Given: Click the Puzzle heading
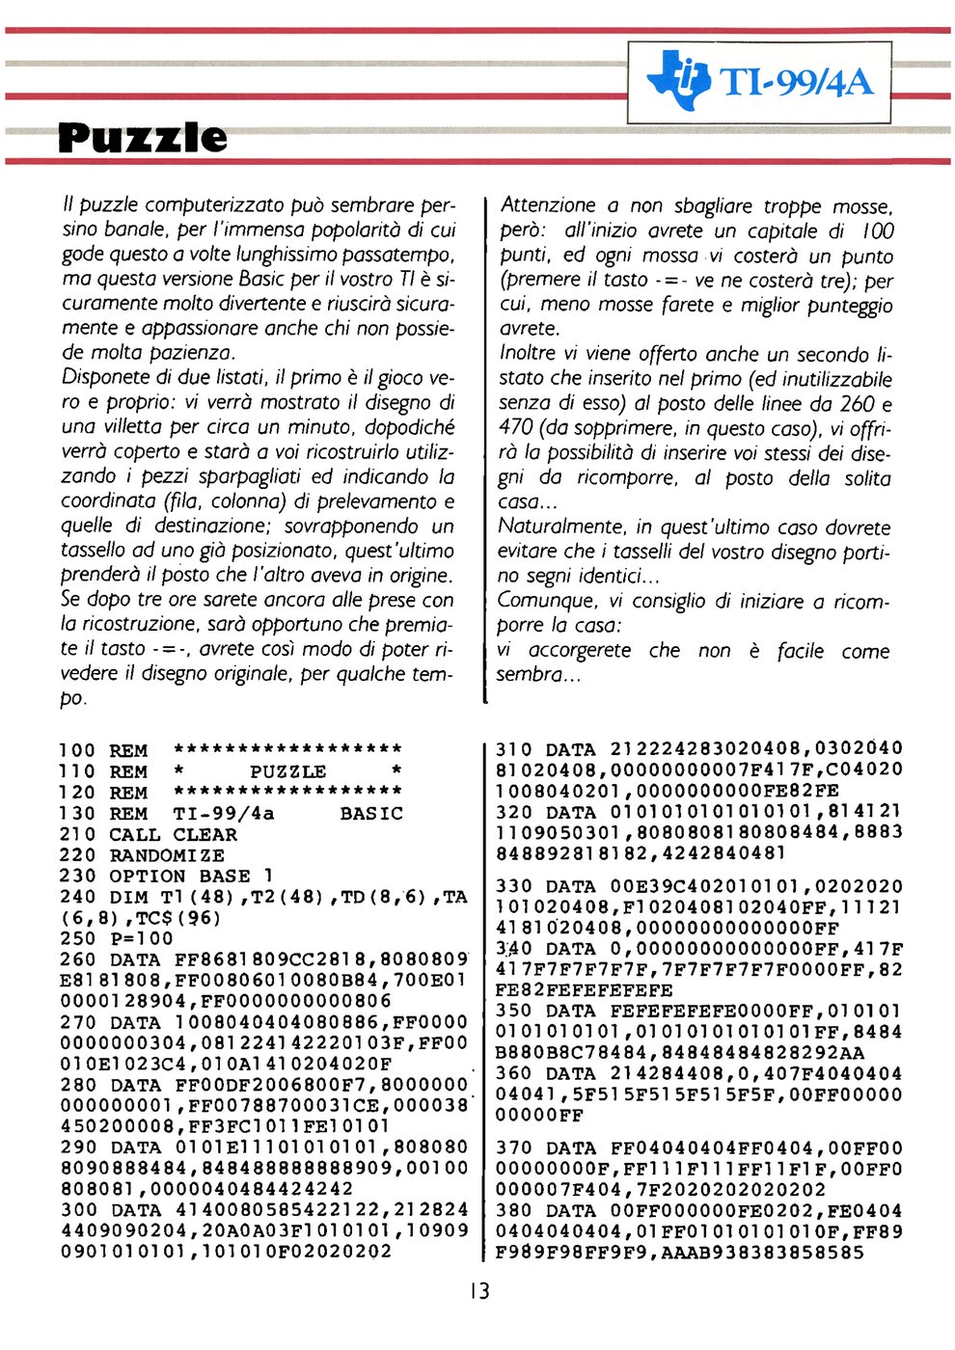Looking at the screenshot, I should tap(143, 138).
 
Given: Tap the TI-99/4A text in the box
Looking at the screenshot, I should tap(798, 82).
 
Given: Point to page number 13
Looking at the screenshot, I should tap(478, 1291).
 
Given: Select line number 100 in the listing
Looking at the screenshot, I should tap(77, 751).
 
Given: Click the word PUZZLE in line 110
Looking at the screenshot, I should tap(287, 772).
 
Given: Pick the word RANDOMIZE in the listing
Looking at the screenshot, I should tap(167, 855).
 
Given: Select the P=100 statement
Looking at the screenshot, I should tap(141, 938).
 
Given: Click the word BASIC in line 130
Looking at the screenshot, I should tap(371, 814).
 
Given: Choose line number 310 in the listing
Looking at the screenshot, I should tap(513, 749).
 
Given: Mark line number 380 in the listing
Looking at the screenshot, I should tap(514, 1211).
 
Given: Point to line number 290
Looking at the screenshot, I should tap(77, 1147).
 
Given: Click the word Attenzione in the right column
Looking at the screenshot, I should tap(548, 204).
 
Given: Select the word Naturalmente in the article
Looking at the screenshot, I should tap(559, 526).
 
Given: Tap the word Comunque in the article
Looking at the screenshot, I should tap(542, 600).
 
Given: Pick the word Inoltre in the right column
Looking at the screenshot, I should tap(527, 353).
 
